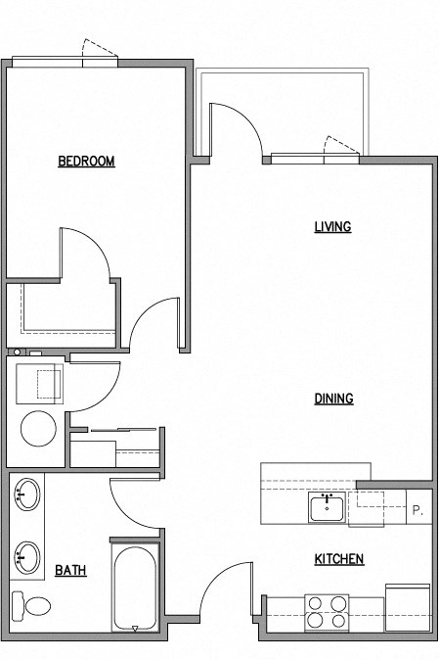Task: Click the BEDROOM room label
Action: [x=86, y=162]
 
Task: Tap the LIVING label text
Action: [x=332, y=227]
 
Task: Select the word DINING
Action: [x=333, y=399]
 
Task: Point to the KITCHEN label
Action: [x=338, y=559]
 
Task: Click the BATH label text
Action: [x=69, y=570]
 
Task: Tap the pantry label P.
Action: [x=417, y=510]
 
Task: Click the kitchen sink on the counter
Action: [x=326, y=508]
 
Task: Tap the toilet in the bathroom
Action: [x=33, y=607]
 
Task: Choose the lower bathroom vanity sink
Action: [x=27, y=558]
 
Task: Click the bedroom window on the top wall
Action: [x=66, y=63]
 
